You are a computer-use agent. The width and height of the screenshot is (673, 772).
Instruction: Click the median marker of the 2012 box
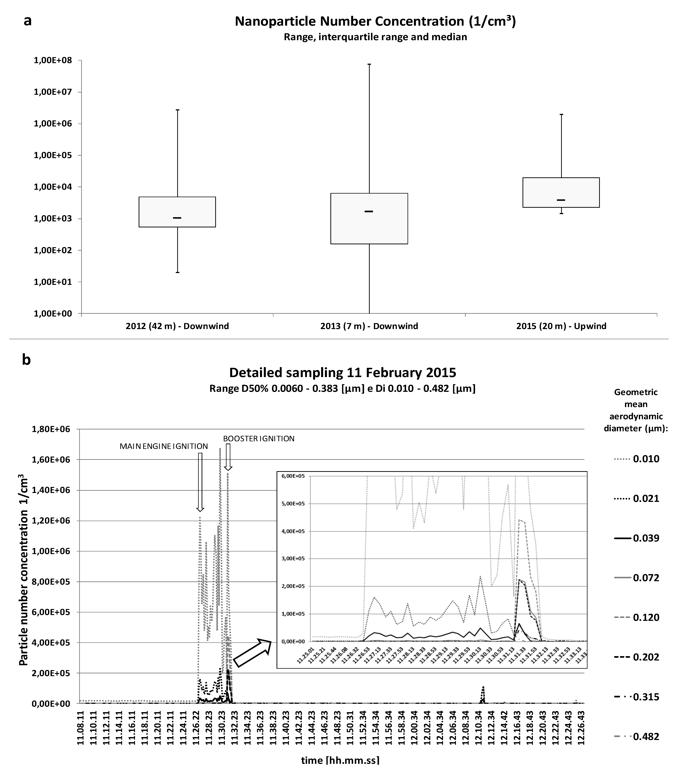tap(177, 218)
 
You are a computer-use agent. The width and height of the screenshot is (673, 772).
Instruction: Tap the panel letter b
tap(26, 360)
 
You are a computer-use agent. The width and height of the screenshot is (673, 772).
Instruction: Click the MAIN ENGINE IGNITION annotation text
tap(164, 446)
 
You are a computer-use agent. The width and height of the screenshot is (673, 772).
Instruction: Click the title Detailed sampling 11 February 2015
tap(343, 373)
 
